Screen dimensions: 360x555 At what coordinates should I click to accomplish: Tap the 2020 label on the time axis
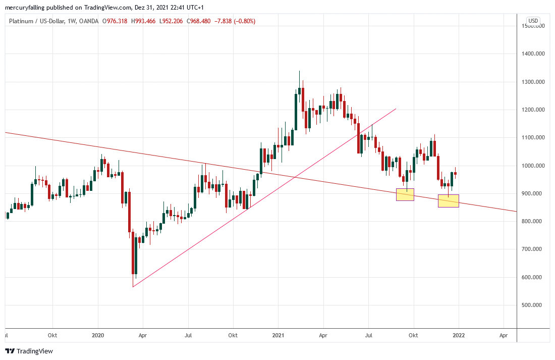tap(98, 335)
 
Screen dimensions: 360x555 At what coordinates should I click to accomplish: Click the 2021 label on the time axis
tap(278, 335)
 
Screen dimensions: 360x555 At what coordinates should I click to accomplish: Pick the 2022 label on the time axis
tap(459, 335)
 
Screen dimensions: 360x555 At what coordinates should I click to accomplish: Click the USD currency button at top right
tap(533, 21)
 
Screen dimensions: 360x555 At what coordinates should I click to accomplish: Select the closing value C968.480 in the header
tap(186, 21)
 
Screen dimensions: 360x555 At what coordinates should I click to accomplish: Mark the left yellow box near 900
tap(405, 194)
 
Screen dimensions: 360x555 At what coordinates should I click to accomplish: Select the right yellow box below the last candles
tap(449, 201)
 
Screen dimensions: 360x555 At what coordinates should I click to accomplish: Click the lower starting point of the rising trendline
tap(133, 287)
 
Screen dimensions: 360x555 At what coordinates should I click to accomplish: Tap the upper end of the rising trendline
tap(396, 109)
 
